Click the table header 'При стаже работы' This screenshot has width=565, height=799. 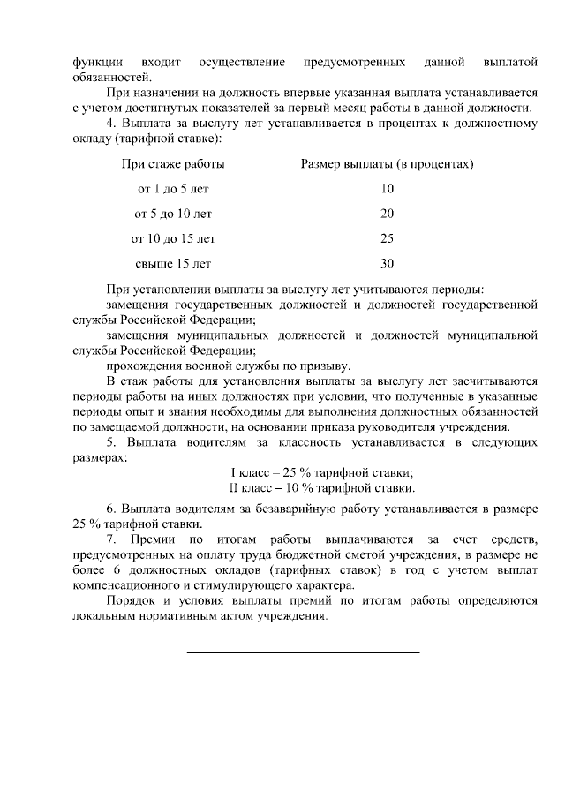(173, 164)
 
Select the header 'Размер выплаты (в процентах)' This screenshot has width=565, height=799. (387, 164)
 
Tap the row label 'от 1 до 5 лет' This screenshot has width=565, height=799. (173, 189)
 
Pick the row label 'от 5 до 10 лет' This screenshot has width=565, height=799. (173, 214)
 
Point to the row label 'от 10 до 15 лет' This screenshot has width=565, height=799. (173, 238)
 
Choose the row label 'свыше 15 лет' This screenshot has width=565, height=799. (173, 263)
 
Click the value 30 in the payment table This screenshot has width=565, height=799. (387, 263)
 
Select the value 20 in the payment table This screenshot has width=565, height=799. (387, 214)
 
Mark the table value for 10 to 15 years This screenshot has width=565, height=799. (387, 238)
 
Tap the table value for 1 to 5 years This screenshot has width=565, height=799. (387, 189)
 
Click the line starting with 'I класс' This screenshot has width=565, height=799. (321, 473)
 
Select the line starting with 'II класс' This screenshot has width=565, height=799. (321, 487)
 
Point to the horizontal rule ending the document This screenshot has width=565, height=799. (303, 652)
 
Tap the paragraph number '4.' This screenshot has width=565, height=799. (111, 123)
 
